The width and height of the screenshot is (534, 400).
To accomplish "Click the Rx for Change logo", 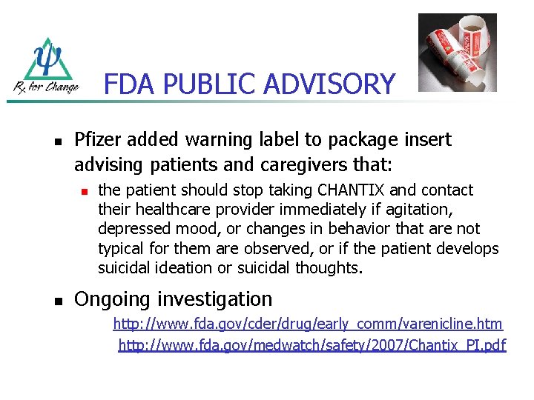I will point(46,67).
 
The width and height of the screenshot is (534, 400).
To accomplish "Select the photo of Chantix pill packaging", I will point(457,52).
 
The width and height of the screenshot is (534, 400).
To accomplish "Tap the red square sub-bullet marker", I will point(84,191).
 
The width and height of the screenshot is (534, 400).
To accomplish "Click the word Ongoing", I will point(111,300).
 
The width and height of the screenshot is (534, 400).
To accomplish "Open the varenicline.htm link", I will point(307,324).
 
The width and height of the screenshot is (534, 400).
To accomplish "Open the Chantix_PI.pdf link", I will point(311,344).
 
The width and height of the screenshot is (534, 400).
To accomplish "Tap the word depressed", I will point(133,229).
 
